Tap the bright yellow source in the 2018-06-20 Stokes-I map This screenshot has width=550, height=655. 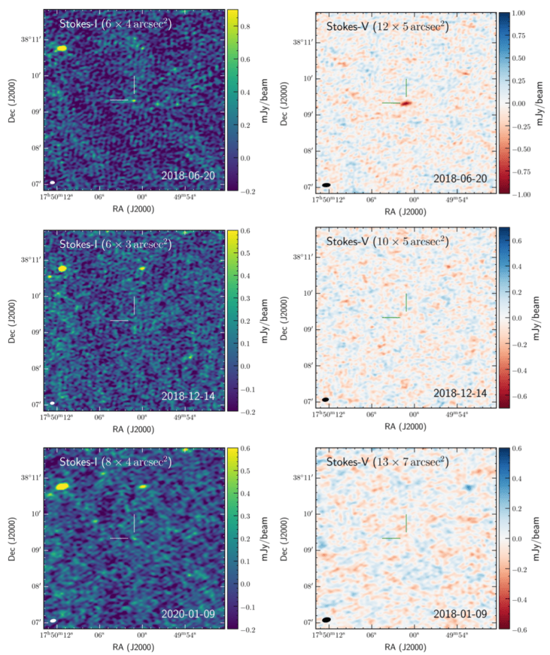(61, 48)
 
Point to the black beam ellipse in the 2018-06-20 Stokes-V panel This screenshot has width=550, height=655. (327, 185)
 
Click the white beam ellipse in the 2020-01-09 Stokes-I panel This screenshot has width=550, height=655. (53, 620)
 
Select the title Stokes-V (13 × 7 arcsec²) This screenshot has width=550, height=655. (387, 462)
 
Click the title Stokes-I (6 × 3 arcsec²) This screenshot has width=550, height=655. (115, 244)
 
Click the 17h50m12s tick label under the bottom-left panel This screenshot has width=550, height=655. (58, 635)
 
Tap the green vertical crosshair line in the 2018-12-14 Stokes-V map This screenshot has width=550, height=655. (406, 302)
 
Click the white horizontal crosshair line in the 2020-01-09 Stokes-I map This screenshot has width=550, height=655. (119, 538)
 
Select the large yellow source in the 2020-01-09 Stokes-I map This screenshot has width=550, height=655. (62, 487)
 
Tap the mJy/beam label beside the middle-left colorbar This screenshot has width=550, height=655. (265, 318)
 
